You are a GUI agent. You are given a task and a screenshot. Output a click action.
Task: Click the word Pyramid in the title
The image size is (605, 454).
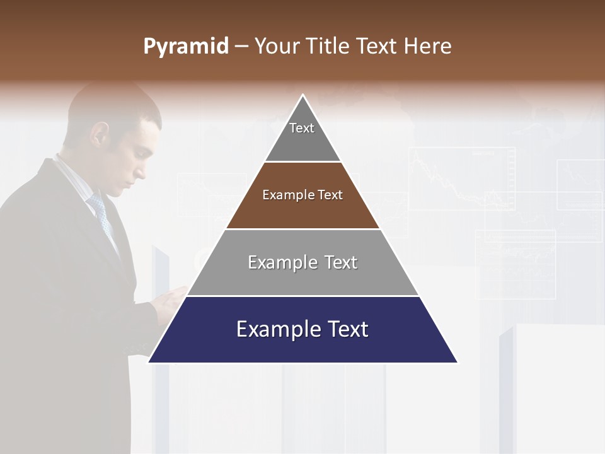pyautogui.click(x=185, y=47)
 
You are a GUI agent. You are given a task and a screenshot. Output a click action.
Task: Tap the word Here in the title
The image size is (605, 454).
pyautogui.click(x=427, y=46)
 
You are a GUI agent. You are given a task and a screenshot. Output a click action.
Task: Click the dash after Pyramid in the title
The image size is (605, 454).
pyautogui.click(x=241, y=47)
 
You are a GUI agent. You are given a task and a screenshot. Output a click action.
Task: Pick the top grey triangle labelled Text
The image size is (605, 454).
pyautogui.click(x=302, y=136)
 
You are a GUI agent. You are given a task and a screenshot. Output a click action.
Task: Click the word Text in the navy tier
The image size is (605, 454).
pyautogui.click(x=347, y=329)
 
